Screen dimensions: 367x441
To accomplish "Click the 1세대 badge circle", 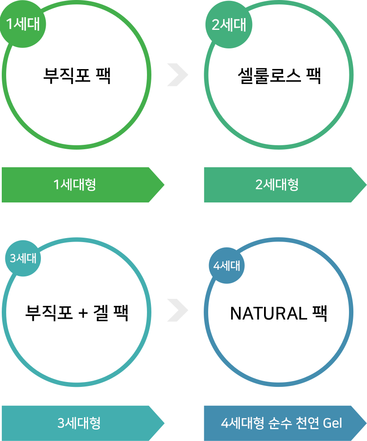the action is pyautogui.click(x=23, y=24).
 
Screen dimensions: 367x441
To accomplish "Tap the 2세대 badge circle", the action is pyautogui.click(x=229, y=25).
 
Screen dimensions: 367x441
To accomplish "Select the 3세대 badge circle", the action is pyautogui.click(x=23, y=258).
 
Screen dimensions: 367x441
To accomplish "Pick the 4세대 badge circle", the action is pyautogui.click(x=227, y=265).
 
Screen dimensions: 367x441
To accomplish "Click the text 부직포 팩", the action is pyautogui.click(x=77, y=75).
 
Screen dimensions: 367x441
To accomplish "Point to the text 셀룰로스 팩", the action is pyautogui.click(x=279, y=76).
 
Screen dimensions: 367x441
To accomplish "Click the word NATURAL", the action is pyautogui.click(x=268, y=313).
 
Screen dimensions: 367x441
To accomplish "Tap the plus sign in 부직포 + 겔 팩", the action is pyautogui.click(x=83, y=313).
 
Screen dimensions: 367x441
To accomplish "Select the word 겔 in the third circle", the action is pyautogui.click(x=101, y=313).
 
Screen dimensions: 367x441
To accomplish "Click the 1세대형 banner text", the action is pyautogui.click(x=75, y=184).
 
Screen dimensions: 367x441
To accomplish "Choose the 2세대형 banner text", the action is pyautogui.click(x=277, y=184).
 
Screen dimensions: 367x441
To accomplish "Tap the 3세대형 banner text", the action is pyautogui.click(x=79, y=423).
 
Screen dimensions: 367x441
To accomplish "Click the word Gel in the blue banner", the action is pyautogui.click(x=332, y=423).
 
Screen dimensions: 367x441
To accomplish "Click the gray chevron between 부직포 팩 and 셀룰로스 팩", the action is pyautogui.click(x=177, y=75).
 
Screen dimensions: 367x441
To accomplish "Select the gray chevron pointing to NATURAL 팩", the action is pyautogui.click(x=177, y=310).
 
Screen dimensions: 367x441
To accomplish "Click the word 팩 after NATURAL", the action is pyautogui.click(x=320, y=313).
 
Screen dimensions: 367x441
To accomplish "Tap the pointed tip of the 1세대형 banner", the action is pyautogui.click(x=164, y=185).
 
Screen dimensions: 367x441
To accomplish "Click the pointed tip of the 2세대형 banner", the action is pyautogui.click(x=367, y=185).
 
